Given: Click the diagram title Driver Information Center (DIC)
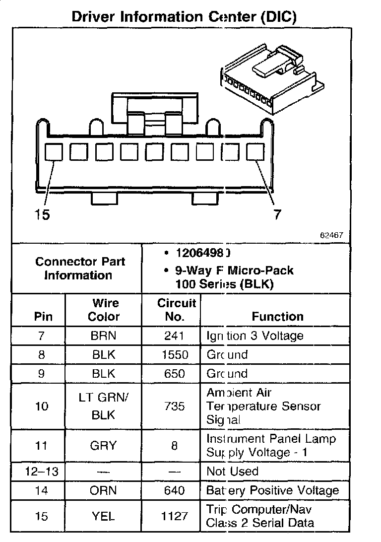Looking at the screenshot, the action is pyautogui.click(x=184, y=16).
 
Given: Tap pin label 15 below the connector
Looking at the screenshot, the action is pyautogui.click(x=42, y=215).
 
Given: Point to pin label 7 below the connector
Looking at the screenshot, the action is pyautogui.click(x=277, y=214).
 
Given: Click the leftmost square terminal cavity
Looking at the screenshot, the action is pyautogui.click(x=54, y=152).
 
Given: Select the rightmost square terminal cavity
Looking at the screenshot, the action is pyautogui.click(x=255, y=152).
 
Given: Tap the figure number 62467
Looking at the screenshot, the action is pyautogui.click(x=331, y=235).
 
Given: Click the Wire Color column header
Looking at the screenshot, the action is pyautogui.click(x=106, y=310).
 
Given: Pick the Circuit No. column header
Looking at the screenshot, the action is pyautogui.click(x=177, y=310).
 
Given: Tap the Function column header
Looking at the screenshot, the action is pyautogui.click(x=277, y=316).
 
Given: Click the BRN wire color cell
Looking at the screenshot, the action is pyautogui.click(x=103, y=336).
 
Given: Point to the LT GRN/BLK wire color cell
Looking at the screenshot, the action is pyautogui.click(x=103, y=407).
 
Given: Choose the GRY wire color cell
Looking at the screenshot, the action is pyautogui.click(x=103, y=446).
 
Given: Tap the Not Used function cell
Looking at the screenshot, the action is pyautogui.click(x=232, y=472).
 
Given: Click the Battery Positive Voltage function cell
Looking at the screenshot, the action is pyautogui.click(x=272, y=491).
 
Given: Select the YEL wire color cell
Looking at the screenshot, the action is pyautogui.click(x=103, y=516).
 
